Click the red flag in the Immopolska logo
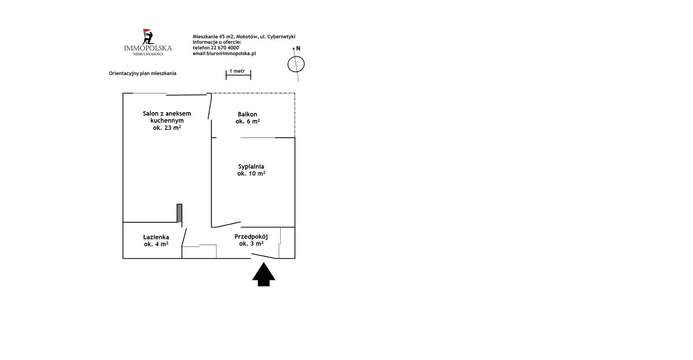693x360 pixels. (x=147, y=30)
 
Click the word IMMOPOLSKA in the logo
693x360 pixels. (x=148, y=48)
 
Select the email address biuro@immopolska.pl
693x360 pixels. (x=231, y=53)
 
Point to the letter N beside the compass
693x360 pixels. (x=298, y=48)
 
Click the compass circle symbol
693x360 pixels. (x=296, y=65)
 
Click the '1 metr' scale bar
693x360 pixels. (x=238, y=75)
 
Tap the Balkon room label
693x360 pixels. (x=247, y=114)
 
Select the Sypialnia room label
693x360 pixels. (x=251, y=166)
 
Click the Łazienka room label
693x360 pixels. (x=156, y=237)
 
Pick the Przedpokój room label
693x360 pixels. (x=251, y=237)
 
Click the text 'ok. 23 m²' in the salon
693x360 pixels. (x=167, y=127)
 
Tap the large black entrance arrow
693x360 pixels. (x=264, y=275)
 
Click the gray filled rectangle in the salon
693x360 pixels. (x=179, y=213)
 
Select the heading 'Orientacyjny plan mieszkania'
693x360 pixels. (x=142, y=73)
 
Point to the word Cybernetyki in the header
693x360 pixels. (x=281, y=36)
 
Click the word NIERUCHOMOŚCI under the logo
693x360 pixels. (x=148, y=54)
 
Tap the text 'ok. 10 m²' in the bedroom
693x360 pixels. (x=251, y=174)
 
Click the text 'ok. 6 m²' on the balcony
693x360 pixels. (x=247, y=121)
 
